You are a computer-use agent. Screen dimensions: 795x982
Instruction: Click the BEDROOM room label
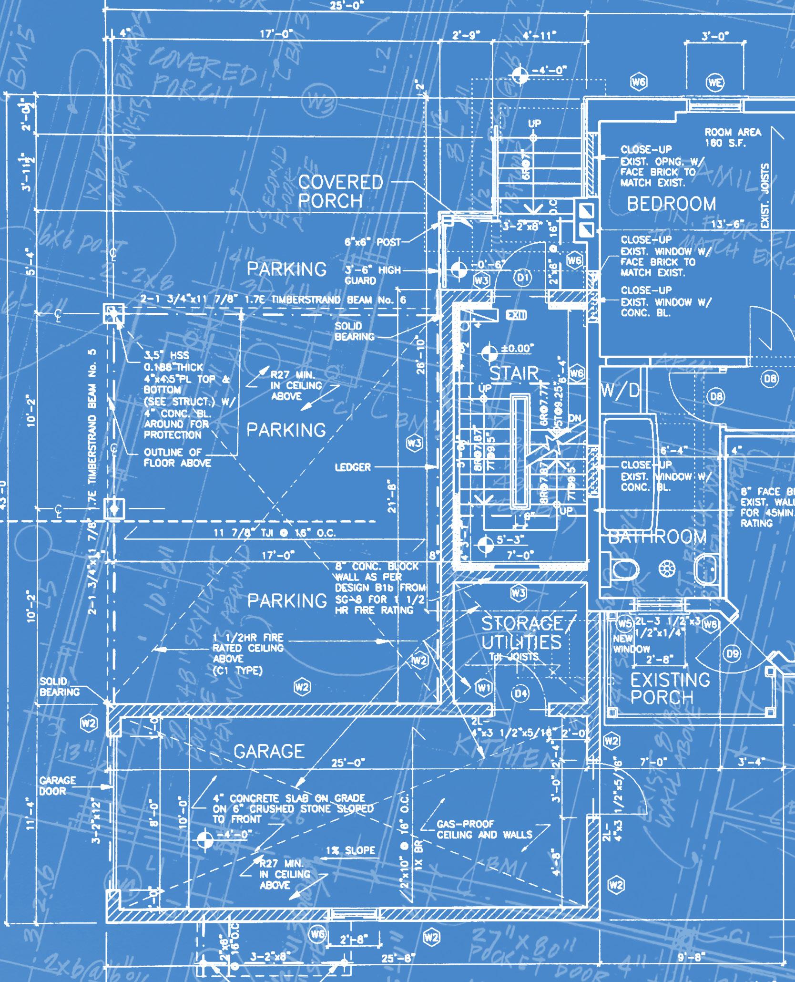(x=671, y=204)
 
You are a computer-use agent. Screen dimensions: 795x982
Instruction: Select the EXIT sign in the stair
(x=516, y=315)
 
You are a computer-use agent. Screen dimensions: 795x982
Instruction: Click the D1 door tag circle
(x=523, y=277)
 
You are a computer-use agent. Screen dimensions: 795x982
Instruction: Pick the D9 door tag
(x=733, y=653)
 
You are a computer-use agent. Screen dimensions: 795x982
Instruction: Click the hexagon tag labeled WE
(x=715, y=83)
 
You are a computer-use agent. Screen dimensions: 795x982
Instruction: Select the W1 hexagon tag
(x=484, y=687)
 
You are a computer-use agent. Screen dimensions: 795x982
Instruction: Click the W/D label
(x=620, y=391)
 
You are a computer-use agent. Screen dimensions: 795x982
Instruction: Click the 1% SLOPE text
(x=351, y=850)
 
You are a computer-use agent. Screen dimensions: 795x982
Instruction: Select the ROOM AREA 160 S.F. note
(x=733, y=137)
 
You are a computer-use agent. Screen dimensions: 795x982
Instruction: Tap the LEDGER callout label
(x=352, y=467)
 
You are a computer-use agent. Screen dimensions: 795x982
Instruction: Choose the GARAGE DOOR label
(x=57, y=786)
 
